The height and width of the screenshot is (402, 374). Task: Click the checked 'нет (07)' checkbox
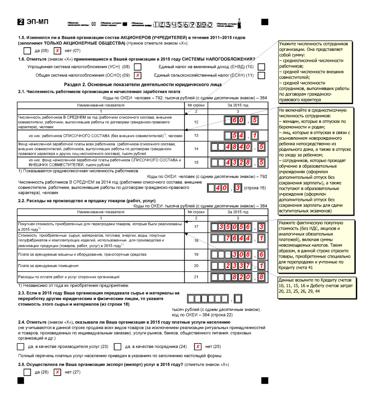[56, 50]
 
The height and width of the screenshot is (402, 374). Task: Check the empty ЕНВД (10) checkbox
[261, 67]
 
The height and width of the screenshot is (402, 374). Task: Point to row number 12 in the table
[196, 121]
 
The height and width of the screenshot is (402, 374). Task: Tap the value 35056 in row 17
[238, 227]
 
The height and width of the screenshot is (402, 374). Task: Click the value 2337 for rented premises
[238, 265]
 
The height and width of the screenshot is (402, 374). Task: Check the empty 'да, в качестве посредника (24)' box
[118, 346]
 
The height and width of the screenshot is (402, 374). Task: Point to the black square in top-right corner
[265, 22]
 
